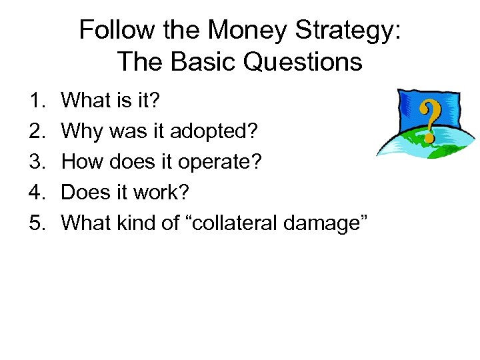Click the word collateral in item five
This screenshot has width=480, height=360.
240,223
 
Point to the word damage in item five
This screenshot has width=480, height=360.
326,224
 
